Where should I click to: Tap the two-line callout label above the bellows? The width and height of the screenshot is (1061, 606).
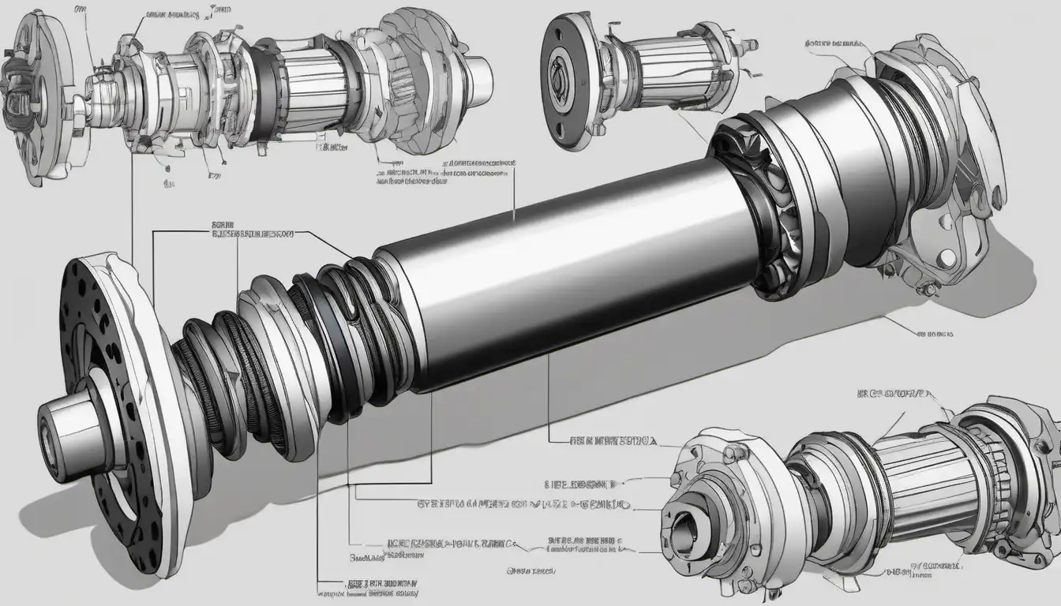pyautogui.click(x=253, y=230)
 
